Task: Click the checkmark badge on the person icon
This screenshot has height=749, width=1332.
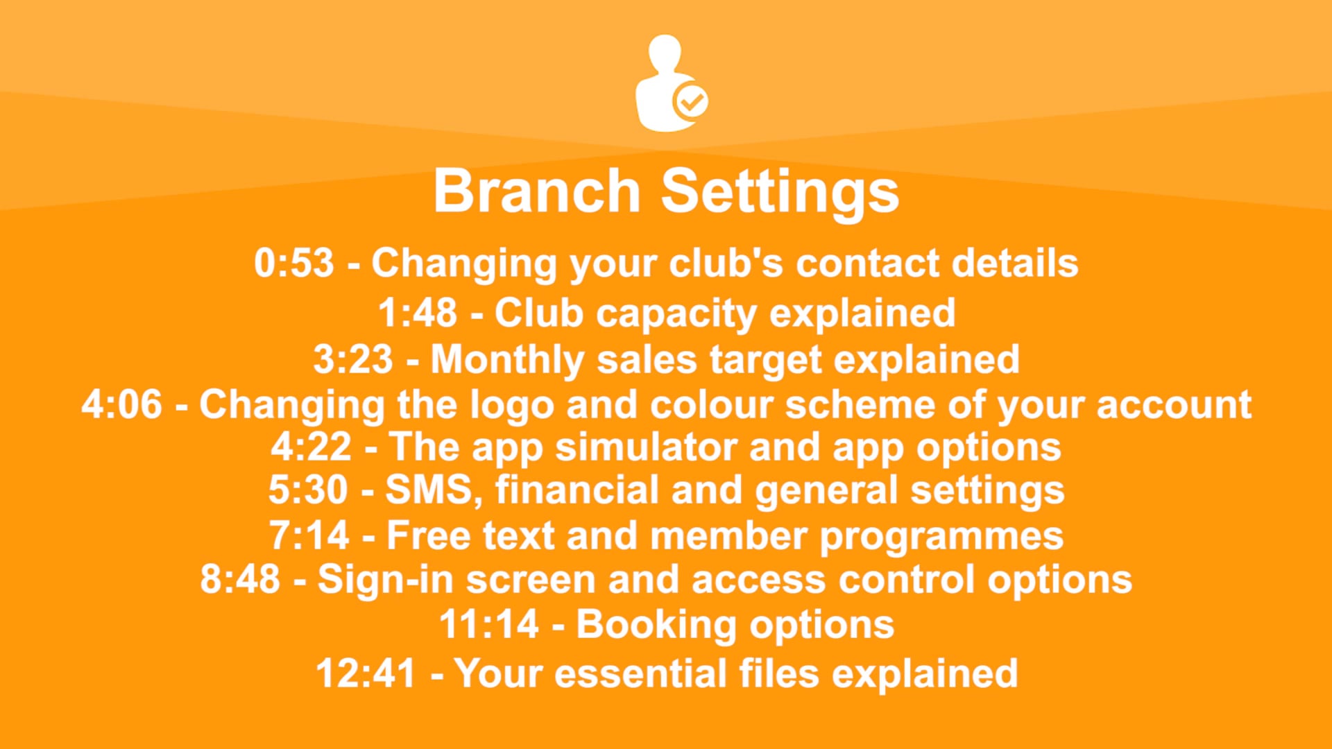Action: tap(691, 103)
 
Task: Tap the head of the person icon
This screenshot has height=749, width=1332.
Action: tap(665, 53)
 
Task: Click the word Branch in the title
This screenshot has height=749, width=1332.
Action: tap(536, 191)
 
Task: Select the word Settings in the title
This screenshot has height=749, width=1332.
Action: tap(780, 193)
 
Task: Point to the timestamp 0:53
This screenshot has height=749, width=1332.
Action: tap(294, 264)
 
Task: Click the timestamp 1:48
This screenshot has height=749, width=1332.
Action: tap(418, 313)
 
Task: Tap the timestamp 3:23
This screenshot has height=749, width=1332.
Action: tap(353, 360)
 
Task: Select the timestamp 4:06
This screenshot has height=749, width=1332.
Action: tap(122, 404)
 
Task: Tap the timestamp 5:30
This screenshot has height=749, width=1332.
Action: tap(308, 490)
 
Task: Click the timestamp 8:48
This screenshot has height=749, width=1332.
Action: tap(240, 579)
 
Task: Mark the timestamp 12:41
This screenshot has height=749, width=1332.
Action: tap(366, 673)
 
